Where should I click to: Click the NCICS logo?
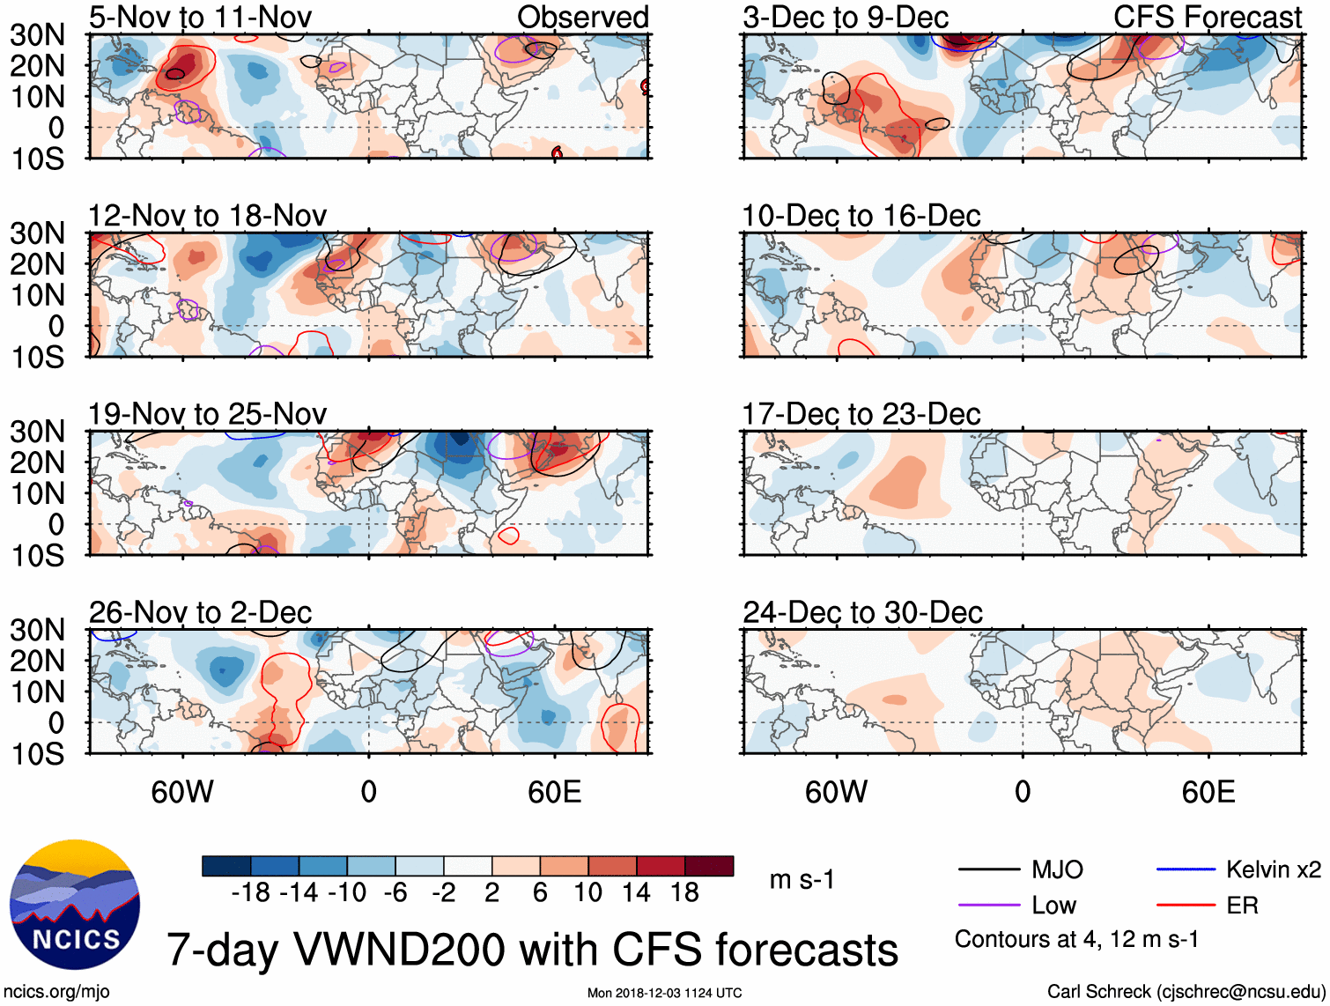tap(74, 905)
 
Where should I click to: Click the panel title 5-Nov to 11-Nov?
tap(200, 17)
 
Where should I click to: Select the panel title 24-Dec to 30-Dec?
tap(862, 612)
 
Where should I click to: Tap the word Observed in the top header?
tap(582, 17)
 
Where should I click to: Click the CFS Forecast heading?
tap(1207, 17)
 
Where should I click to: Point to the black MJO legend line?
tap(988, 869)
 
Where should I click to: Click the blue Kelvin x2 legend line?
tap(1186, 869)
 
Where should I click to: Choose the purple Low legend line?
tap(988, 905)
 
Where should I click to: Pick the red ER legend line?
tap(1186, 905)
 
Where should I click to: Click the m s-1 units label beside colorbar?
tap(802, 879)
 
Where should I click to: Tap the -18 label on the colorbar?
tap(251, 893)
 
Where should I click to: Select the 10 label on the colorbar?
tap(587, 893)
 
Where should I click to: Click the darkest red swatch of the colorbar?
tap(709, 866)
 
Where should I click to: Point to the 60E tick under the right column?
tap(1208, 792)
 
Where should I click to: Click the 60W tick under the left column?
tap(182, 792)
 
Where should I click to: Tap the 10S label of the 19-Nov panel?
tap(37, 556)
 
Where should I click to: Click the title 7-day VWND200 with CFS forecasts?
tap(532, 950)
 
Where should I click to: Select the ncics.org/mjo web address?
tap(56, 992)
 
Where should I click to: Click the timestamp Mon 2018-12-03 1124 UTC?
tap(664, 993)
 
